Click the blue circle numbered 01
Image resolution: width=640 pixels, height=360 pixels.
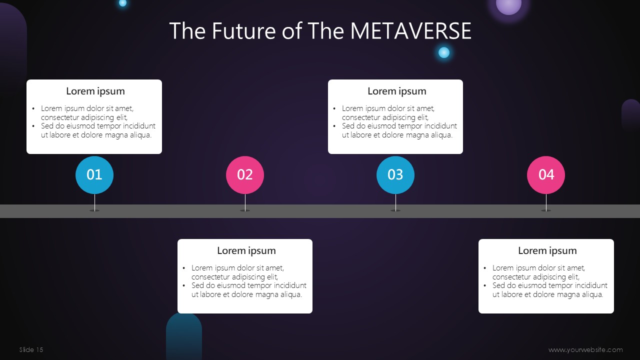pos(94,175)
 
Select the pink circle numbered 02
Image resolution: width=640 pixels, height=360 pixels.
pos(245,175)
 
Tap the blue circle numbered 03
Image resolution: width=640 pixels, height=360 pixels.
pos(395,175)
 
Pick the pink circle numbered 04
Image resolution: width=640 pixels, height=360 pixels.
pos(546,175)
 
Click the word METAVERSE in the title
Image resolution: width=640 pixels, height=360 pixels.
pos(410,30)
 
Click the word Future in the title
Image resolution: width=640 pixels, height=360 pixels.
pos(243,30)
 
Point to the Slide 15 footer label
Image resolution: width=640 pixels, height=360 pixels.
pos(31,349)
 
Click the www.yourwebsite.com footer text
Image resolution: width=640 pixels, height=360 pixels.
pos(585,349)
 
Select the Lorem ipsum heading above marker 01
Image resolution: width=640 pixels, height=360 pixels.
pos(95,91)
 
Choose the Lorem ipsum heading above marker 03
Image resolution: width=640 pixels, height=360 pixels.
pos(397,91)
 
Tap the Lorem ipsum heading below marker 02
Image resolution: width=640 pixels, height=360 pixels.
pos(246,250)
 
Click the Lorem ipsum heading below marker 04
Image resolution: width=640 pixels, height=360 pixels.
pos(547,250)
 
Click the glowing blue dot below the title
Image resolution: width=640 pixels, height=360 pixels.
pos(443,52)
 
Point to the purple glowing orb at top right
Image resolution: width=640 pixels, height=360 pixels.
pos(508,5)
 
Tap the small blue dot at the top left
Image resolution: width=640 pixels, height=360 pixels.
pos(122,3)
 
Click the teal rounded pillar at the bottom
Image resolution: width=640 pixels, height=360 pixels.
pos(184,336)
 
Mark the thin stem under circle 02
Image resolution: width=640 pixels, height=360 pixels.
pos(245,202)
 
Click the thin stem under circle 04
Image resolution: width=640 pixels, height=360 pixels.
pos(546,202)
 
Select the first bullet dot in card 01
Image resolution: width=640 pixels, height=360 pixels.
pos(33,108)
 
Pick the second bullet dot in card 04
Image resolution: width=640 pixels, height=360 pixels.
pos(485,285)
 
